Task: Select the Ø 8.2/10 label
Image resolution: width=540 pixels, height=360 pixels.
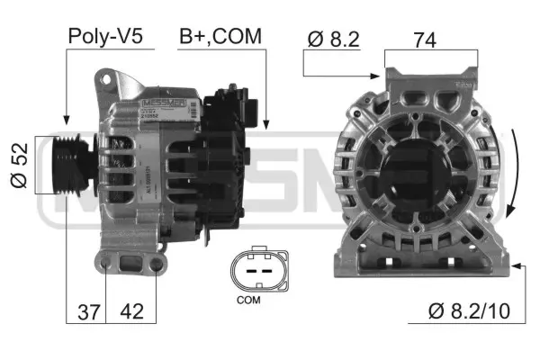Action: (469, 311)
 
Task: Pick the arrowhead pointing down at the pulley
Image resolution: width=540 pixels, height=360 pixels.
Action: (66, 118)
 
